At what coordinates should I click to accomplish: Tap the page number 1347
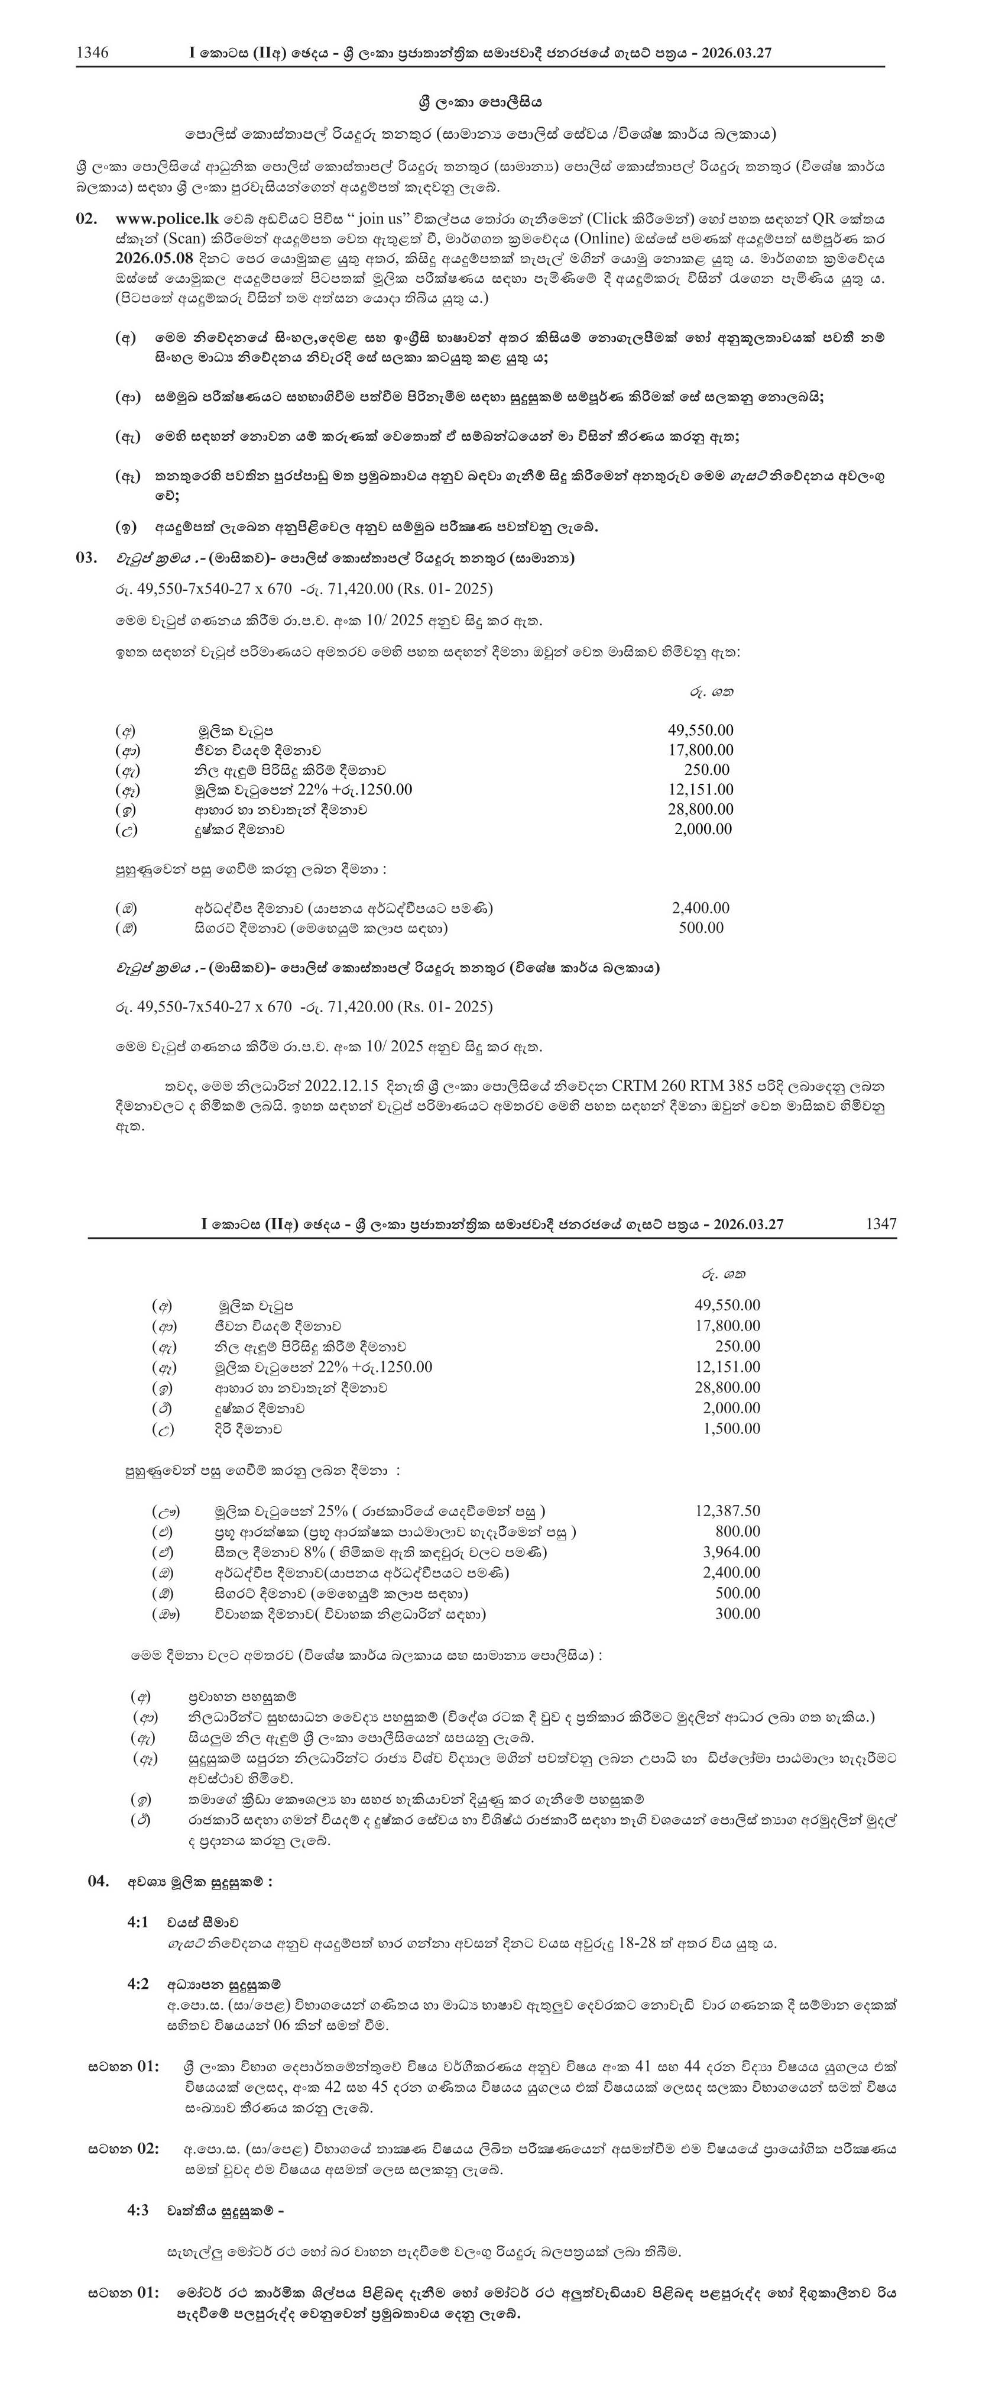point(880,1223)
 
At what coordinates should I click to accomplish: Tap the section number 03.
point(86,558)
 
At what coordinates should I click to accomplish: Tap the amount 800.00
point(738,1531)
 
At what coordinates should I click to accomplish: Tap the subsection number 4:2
point(138,1984)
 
